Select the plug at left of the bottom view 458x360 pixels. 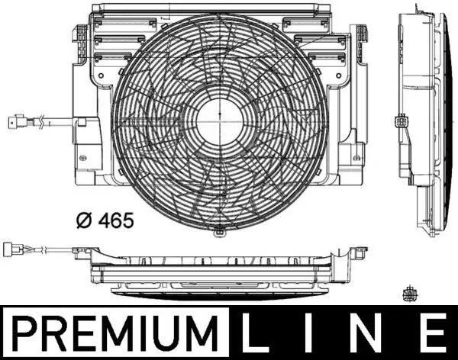point(17,249)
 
